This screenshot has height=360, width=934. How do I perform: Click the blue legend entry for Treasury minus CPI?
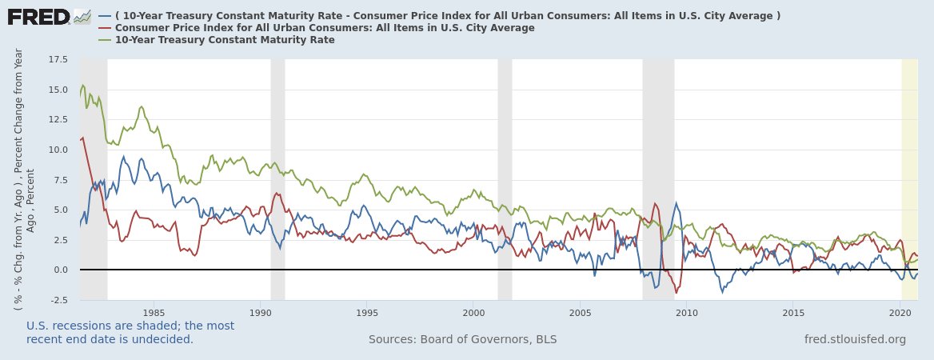(440, 16)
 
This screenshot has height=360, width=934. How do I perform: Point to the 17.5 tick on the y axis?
(58, 60)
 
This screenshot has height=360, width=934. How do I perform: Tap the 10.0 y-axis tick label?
(58, 150)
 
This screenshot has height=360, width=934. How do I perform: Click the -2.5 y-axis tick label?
(58, 300)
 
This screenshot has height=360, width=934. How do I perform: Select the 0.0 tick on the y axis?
(61, 270)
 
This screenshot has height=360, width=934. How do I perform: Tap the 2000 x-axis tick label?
(473, 312)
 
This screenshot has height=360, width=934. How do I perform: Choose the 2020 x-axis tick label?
(900, 312)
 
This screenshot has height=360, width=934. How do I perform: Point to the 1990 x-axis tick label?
(261, 312)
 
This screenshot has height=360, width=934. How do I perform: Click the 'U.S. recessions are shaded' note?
(130, 332)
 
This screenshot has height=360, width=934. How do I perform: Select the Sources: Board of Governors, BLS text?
(462, 339)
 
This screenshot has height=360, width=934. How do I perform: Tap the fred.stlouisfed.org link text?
(855, 339)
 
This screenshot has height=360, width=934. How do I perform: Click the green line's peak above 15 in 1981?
(83, 85)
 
